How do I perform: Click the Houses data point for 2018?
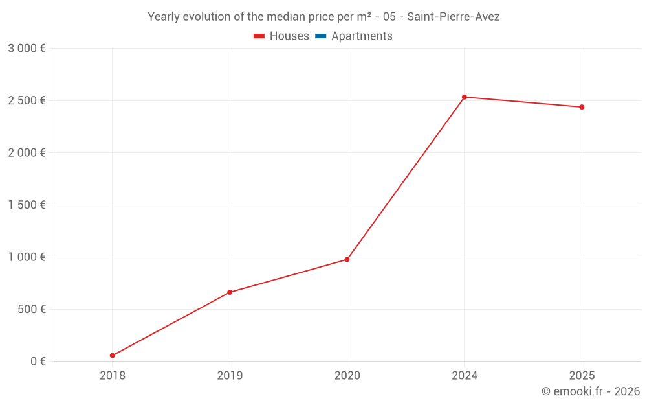(x=113, y=356)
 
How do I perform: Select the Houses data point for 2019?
(x=230, y=292)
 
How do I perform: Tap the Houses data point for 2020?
(x=347, y=259)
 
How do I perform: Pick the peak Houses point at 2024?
(x=465, y=97)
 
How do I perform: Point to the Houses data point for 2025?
(x=582, y=107)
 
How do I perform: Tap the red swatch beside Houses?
(x=259, y=36)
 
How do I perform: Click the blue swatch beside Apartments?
(x=320, y=36)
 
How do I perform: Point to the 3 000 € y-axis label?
(x=27, y=49)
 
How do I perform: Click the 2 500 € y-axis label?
(x=27, y=100)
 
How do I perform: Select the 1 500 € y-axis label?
(x=27, y=205)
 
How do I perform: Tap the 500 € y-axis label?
(x=30, y=309)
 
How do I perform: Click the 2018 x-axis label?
(x=113, y=375)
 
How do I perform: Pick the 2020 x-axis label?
(x=347, y=375)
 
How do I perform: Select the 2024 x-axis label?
(x=465, y=375)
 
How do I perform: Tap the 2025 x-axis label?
(x=582, y=375)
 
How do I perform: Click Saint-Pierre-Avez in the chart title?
(x=453, y=17)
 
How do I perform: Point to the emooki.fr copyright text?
(x=591, y=391)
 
